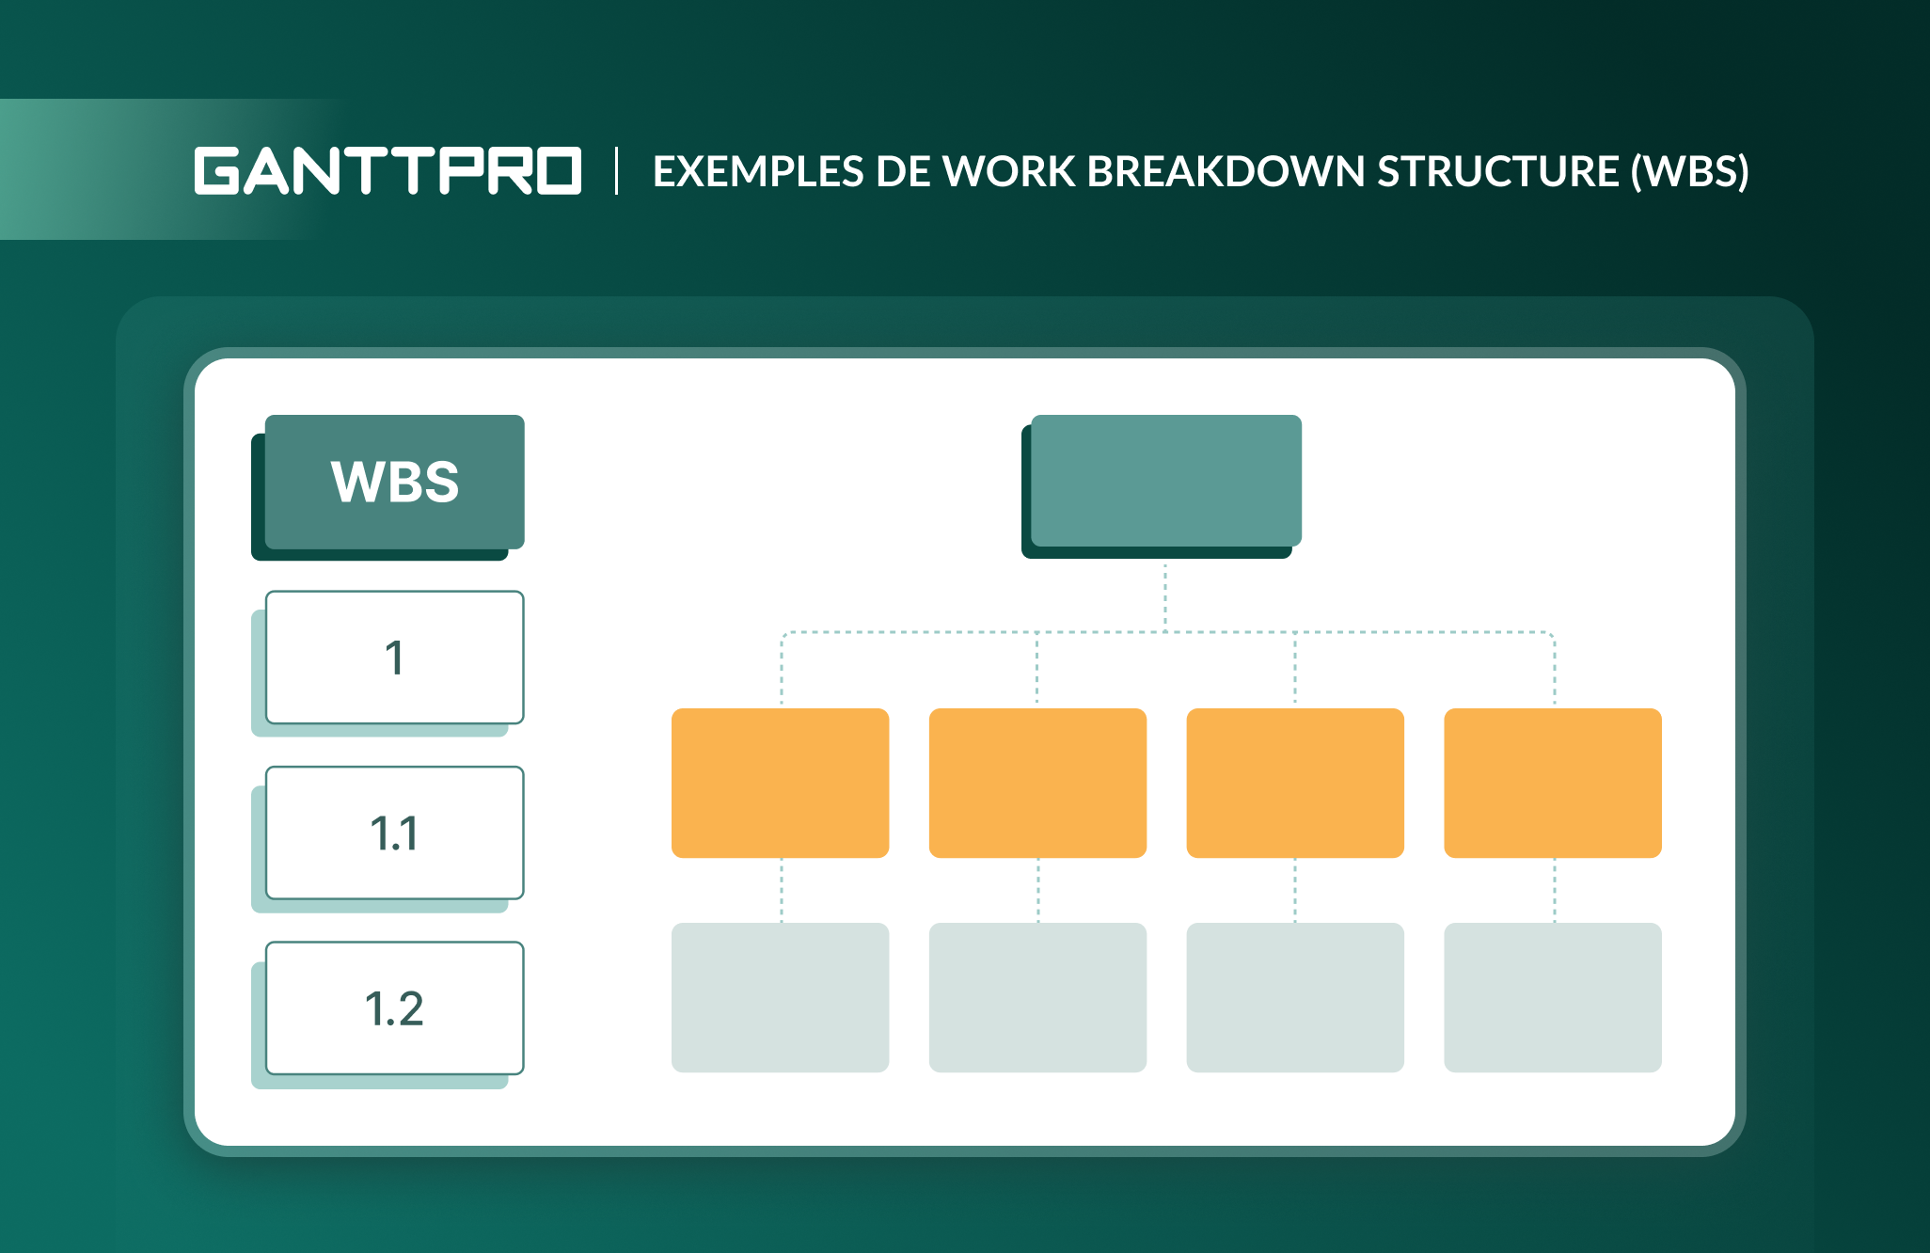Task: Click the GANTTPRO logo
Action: (388, 171)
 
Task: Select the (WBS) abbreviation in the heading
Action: (1690, 172)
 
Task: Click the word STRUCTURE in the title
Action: (1497, 172)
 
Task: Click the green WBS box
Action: (394, 482)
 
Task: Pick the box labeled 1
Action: (394, 658)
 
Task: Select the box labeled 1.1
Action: (394, 833)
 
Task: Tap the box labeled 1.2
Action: (394, 1008)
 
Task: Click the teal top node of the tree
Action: (1165, 481)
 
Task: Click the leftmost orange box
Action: (780, 783)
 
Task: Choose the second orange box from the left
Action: (1037, 783)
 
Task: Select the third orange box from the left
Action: (1295, 783)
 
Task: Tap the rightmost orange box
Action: (1553, 783)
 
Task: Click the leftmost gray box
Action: (780, 997)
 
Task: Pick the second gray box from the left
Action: (1037, 997)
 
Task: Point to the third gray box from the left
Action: (1295, 997)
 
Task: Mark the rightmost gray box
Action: (1553, 997)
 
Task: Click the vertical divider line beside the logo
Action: (617, 171)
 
